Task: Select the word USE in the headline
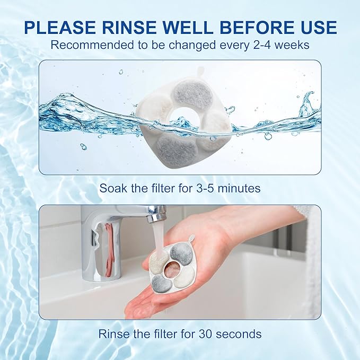coord(317,27)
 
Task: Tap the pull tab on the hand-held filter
coord(190,239)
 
